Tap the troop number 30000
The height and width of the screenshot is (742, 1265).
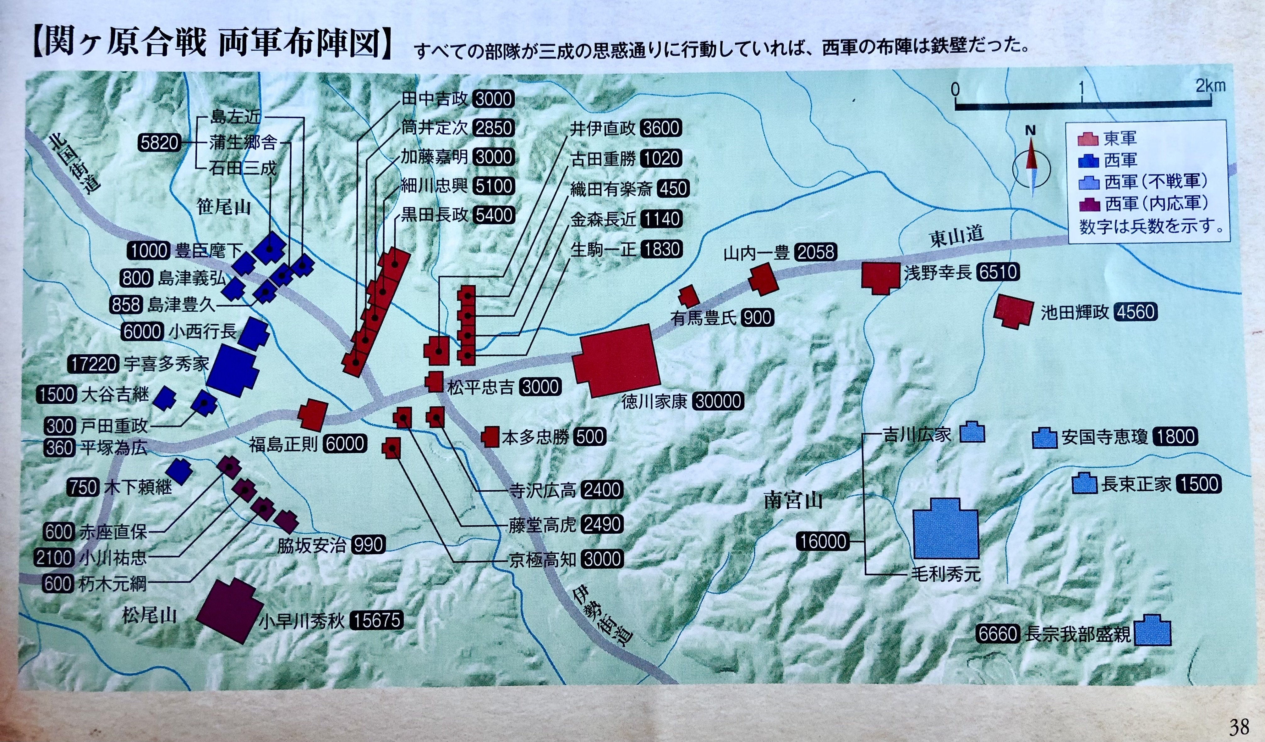718,401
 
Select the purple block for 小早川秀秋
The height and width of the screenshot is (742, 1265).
230,611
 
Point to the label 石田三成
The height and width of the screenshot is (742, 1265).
243,168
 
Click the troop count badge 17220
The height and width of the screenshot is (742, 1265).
93,363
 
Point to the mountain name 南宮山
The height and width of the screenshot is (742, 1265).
793,500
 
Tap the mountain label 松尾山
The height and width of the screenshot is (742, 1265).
149,614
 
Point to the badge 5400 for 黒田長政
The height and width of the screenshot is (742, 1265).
494,215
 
